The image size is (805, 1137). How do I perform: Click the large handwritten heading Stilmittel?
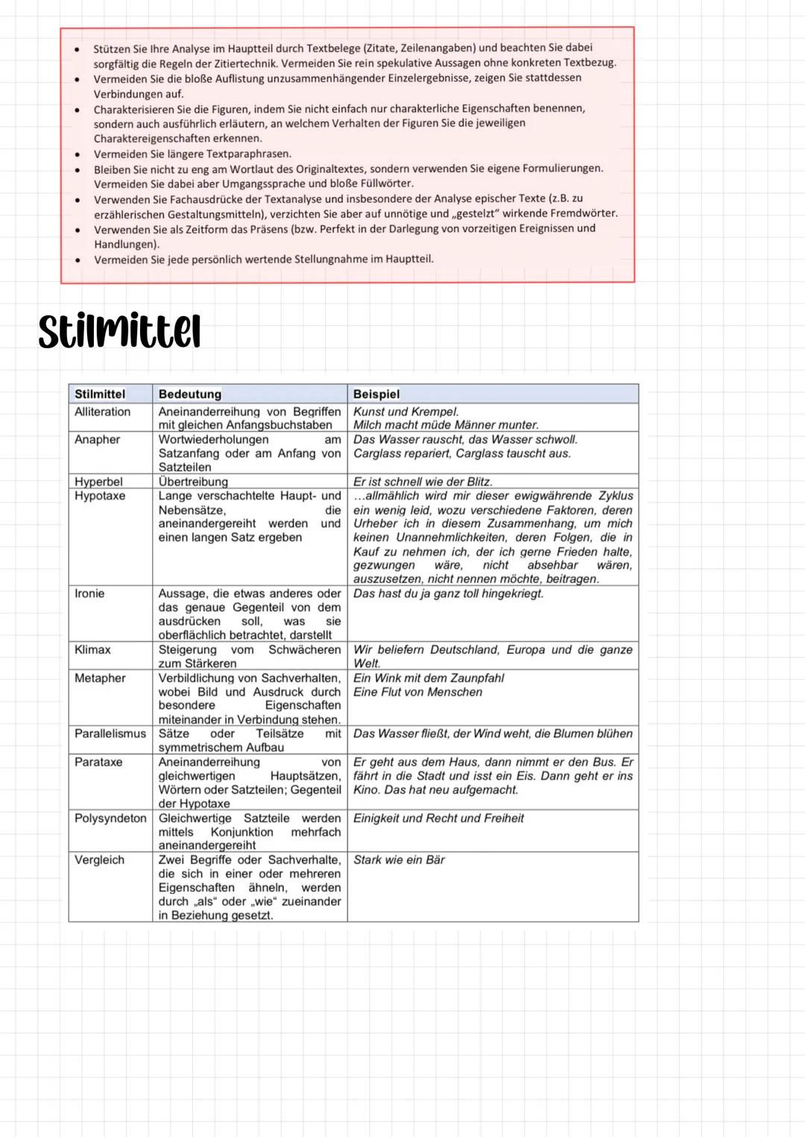119,332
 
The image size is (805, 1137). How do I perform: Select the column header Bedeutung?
189,394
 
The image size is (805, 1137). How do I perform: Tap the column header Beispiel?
376,394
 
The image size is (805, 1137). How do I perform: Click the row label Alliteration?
102,412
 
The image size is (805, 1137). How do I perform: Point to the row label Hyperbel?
98,482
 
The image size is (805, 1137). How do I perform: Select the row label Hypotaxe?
100,496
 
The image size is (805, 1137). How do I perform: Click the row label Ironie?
89,593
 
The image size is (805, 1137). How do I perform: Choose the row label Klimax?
92,649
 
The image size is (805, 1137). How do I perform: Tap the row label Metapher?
100,678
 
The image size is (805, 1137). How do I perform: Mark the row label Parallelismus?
110,734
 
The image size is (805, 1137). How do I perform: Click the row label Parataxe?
98,762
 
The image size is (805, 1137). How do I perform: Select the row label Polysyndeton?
110,818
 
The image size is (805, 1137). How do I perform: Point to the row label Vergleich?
99,860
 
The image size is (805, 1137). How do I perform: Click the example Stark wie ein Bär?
399,860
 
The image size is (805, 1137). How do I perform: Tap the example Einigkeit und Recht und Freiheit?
438,818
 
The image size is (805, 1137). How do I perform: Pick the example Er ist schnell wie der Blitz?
423,482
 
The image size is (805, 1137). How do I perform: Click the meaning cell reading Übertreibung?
193,482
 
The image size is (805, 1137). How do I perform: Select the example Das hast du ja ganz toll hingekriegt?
448,593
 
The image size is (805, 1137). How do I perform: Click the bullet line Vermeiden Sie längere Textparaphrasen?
192,154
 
